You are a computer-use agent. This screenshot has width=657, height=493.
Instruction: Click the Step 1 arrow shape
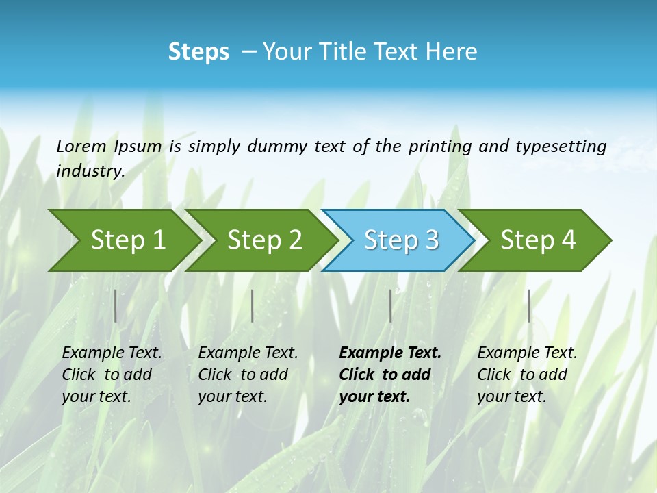(x=127, y=240)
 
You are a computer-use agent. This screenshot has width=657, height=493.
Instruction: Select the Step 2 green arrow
(x=263, y=240)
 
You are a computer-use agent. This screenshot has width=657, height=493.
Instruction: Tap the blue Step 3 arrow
(x=400, y=240)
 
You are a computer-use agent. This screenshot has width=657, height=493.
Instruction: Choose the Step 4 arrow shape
(x=537, y=240)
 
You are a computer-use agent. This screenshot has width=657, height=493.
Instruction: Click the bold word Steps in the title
(x=198, y=52)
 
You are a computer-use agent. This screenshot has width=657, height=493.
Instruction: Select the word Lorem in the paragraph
(x=81, y=147)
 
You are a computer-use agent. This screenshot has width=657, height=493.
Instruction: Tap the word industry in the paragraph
(x=90, y=171)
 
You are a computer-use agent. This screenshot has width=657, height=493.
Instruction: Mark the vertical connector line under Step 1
(x=116, y=305)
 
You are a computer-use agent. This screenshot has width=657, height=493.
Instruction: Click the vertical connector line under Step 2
(x=253, y=305)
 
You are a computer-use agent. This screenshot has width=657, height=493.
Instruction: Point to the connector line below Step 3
(x=391, y=305)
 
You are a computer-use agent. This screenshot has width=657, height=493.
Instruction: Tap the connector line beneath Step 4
(x=529, y=305)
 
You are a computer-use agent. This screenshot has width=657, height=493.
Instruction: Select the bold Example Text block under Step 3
(x=389, y=375)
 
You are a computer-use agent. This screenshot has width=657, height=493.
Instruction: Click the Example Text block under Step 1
(x=112, y=375)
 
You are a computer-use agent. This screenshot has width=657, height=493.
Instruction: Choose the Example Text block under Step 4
(x=527, y=375)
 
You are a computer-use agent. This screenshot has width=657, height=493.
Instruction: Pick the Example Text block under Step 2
(x=248, y=375)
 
